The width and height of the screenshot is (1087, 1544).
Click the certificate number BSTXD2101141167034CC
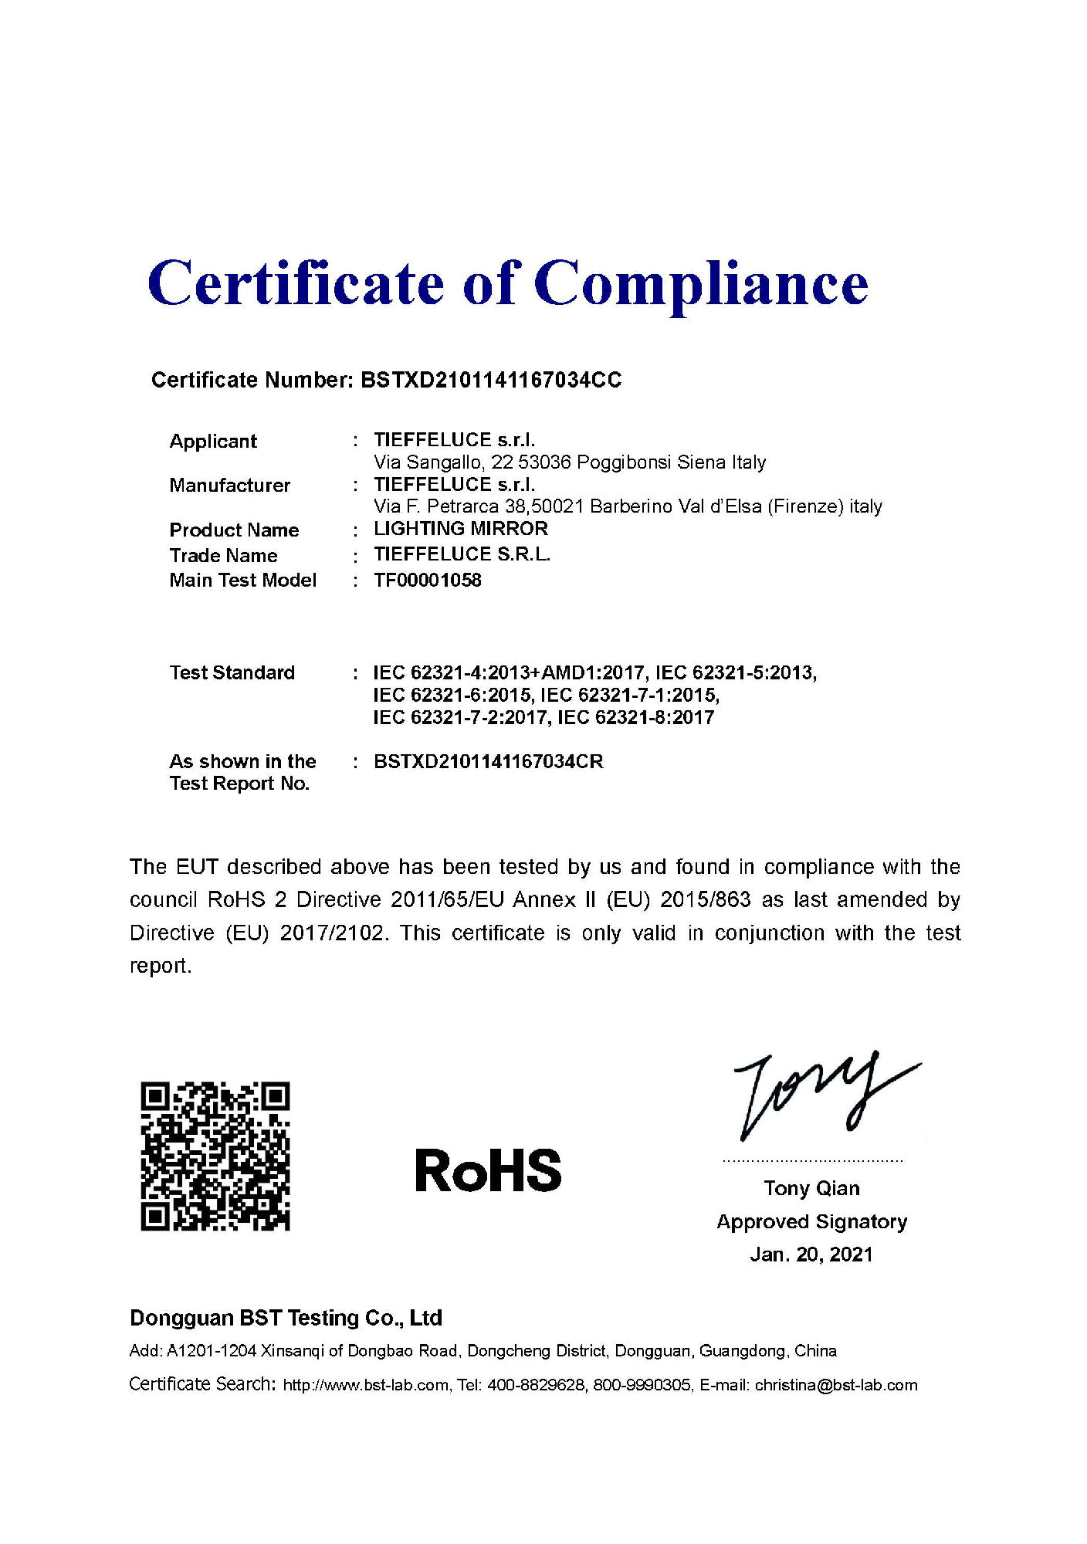(x=491, y=380)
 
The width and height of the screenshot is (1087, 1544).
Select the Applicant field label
(x=213, y=442)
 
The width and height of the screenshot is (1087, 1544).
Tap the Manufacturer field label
(x=230, y=486)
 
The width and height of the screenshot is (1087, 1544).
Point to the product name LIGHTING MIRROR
(x=461, y=529)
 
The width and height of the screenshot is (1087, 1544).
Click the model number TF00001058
(x=427, y=581)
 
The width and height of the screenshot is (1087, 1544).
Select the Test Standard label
(x=232, y=673)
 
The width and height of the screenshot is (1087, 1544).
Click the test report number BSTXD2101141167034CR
(x=488, y=762)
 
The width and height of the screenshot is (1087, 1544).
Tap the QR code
(x=215, y=1156)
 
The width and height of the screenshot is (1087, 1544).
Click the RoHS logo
(x=488, y=1170)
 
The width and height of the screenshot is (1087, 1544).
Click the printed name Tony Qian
(x=811, y=1188)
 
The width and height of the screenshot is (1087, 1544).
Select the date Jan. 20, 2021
(x=811, y=1254)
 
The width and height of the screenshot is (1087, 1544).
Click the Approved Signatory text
(x=811, y=1222)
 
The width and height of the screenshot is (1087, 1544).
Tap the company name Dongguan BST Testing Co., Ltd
(x=286, y=1318)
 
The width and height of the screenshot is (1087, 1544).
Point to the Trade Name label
(x=223, y=556)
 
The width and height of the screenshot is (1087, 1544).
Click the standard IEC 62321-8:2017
(x=635, y=718)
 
